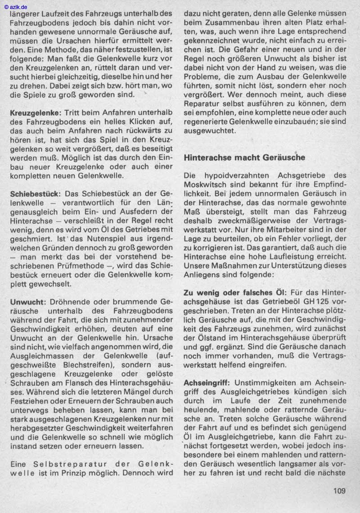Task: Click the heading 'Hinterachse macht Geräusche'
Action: point(244,157)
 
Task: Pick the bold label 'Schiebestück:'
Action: point(34,193)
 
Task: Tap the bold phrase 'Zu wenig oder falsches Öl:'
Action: point(235,292)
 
